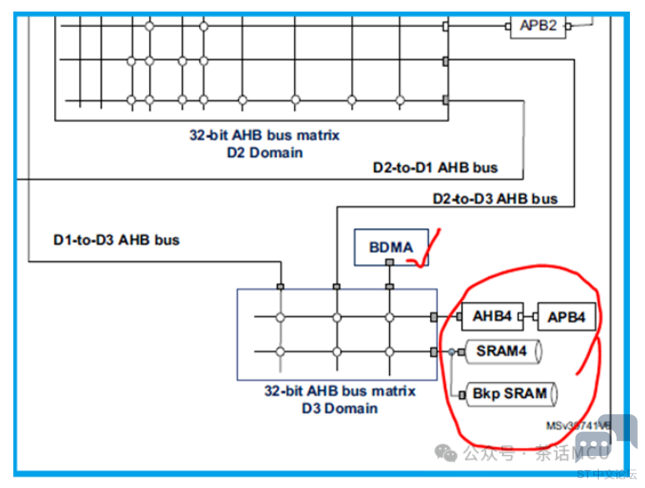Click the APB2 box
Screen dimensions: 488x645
(x=537, y=25)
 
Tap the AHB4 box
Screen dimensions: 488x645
(x=491, y=316)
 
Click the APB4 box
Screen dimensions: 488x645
(x=566, y=316)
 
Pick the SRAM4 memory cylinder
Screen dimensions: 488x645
(x=502, y=351)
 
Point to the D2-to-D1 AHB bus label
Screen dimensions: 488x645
(x=434, y=167)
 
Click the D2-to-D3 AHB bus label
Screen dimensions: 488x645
(x=495, y=198)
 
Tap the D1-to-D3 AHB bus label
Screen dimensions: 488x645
(x=116, y=239)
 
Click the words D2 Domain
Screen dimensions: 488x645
(x=265, y=152)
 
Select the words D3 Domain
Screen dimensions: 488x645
(x=340, y=408)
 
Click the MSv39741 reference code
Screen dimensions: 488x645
(x=577, y=426)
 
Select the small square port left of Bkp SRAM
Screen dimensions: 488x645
(x=461, y=393)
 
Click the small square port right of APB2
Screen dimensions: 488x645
(x=569, y=26)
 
